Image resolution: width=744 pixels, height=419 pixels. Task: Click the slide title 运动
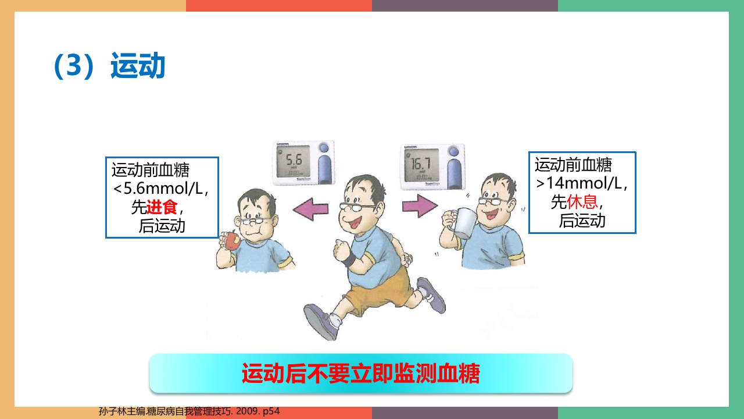coord(138,66)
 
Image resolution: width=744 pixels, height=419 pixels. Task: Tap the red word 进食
coord(162,207)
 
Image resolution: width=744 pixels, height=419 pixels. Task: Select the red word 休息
coord(582,202)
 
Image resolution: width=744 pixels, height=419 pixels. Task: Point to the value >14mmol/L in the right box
coord(582,184)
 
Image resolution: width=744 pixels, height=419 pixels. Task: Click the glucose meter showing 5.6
coord(303,163)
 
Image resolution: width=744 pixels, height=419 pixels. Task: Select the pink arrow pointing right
coord(419,206)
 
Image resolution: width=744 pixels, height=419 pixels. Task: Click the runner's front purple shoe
coord(321,321)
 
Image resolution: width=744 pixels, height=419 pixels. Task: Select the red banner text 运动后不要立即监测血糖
coord(360,374)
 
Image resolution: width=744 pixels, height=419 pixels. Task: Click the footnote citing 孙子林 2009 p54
coord(189,411)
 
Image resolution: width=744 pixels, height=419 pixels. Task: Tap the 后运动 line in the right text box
coord(582,221)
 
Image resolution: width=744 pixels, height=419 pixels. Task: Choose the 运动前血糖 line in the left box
coord(151,171)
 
